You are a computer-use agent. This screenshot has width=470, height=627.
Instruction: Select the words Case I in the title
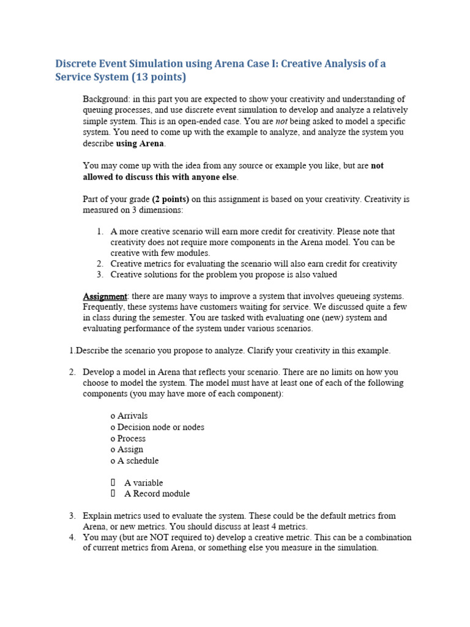pos(253,64)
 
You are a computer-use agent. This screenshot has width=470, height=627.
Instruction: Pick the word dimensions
pos(162,210)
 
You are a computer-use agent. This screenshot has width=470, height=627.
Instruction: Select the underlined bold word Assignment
pos(105,296)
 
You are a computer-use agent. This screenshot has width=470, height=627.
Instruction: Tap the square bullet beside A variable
pos(113,482)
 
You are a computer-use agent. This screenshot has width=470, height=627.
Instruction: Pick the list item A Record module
pos(157,494)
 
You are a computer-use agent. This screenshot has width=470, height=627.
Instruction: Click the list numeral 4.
pos(72,538)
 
